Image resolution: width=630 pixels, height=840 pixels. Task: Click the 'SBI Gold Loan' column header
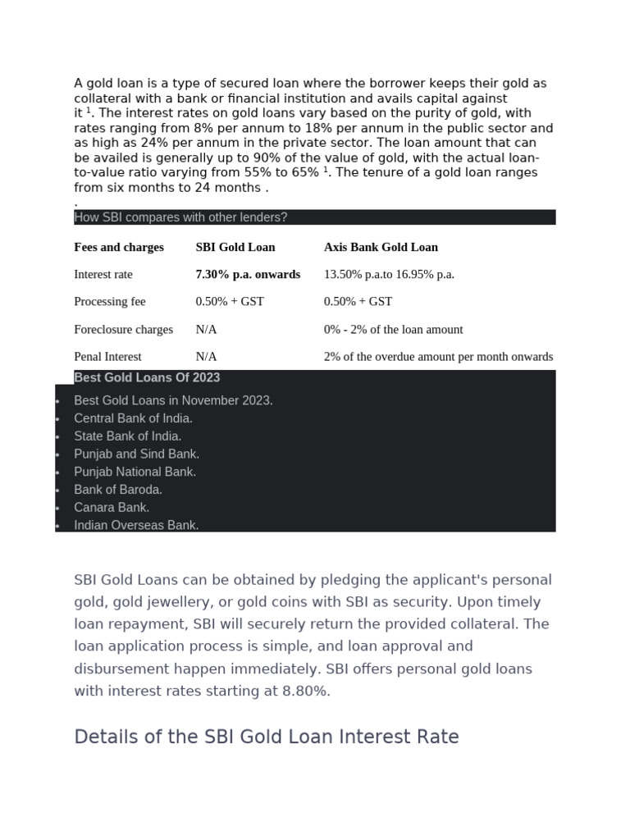[235, 247]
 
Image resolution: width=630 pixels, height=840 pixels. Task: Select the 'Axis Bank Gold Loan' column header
[381, 247]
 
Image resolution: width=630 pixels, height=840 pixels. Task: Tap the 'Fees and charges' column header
[119, 247]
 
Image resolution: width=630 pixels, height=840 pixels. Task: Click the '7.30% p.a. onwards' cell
[248, 275]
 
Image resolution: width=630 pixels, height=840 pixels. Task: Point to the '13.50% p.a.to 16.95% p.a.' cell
[389, 275]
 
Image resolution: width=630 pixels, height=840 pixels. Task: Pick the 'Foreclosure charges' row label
[123, 330]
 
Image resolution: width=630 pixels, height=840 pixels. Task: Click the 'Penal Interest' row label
[107, 357]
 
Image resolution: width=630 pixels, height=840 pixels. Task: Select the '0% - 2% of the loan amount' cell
[393, 330]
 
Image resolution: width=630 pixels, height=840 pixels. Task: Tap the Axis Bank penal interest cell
[438, 357]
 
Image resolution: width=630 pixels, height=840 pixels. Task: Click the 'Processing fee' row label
[109, 302]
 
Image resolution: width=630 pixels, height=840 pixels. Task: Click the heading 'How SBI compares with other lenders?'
[180, 217]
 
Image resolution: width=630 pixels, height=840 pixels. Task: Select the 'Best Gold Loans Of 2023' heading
[147, 378]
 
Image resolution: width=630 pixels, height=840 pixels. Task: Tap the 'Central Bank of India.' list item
[133, 418]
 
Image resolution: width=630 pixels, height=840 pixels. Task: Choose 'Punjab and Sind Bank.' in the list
[136, 454]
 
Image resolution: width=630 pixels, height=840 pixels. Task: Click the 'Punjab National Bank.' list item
[135, 472]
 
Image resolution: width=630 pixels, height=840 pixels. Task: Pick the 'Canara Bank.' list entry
[112, 508]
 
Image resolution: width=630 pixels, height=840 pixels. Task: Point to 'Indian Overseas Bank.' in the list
[136, 526]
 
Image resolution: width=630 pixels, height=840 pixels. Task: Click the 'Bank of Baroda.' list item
[118, 490]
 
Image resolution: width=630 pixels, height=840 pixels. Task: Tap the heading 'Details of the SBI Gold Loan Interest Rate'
[266, 737]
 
